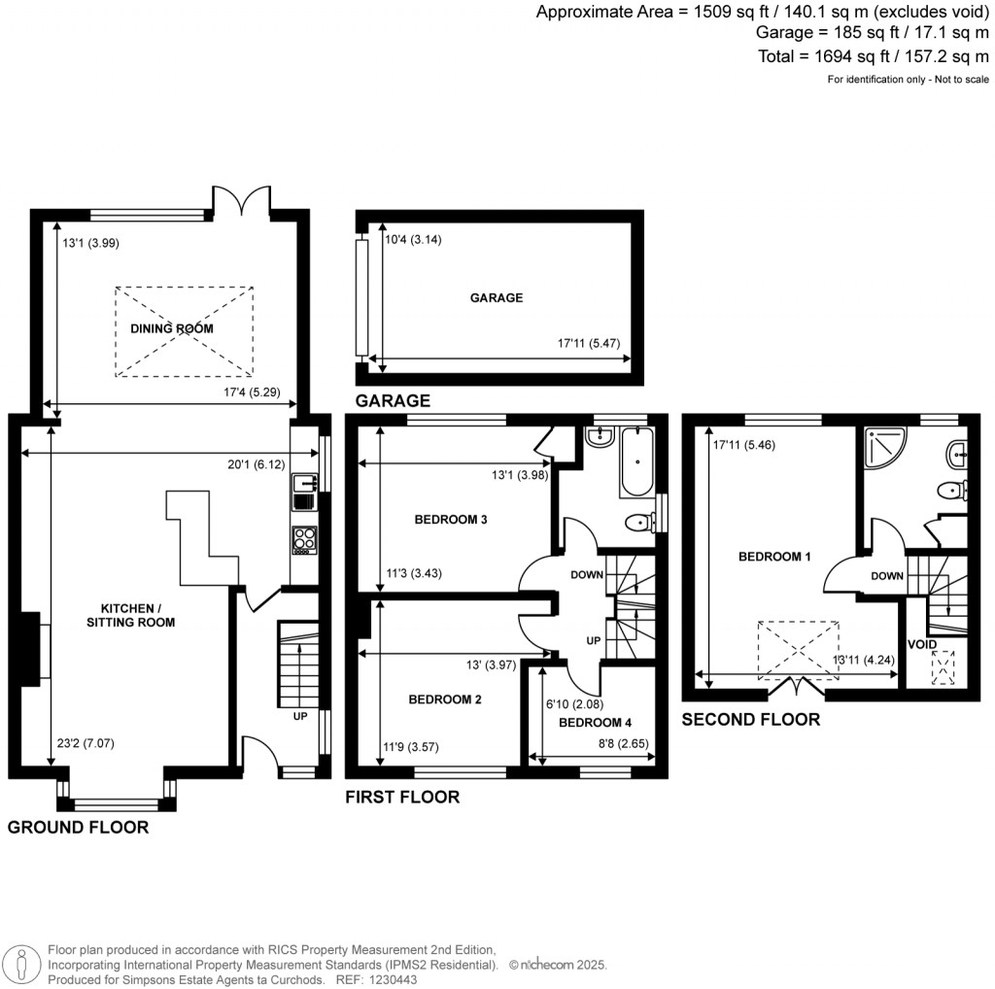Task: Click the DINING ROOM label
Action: pyautogui.click(x=172, y=329)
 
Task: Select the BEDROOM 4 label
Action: pyautogui.click(x=595, y=723)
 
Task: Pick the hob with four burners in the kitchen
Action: pyautogui.click(x=303, y=539)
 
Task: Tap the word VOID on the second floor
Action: pyautogui.click(x=921, y=644)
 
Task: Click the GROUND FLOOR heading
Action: pyautogui.click(x=79, y=828)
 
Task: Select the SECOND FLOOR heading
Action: pyautogui.click(x=750, y=720)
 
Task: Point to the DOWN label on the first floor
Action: pyautogui.click(x=587, y=575)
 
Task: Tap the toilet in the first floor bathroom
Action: pyautogui.click(x=638, y=524)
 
